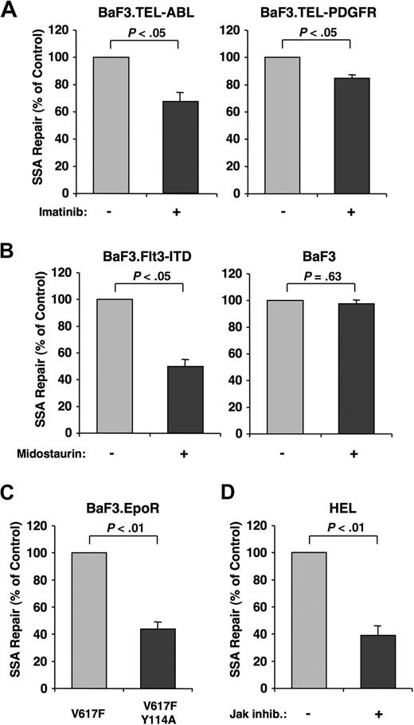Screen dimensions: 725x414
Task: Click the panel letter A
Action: pos(10,10)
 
